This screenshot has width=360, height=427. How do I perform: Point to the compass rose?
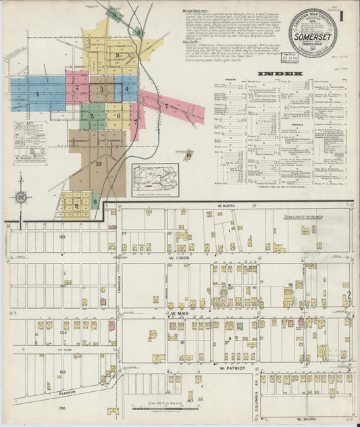(20, 197)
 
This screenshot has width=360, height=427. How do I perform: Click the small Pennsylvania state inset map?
(155, 178)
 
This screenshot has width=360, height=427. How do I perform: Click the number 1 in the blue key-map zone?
(37, 93)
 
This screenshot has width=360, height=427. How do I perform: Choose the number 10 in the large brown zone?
(99, 164)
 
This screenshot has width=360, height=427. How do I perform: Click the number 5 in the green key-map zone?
(92, 116)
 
